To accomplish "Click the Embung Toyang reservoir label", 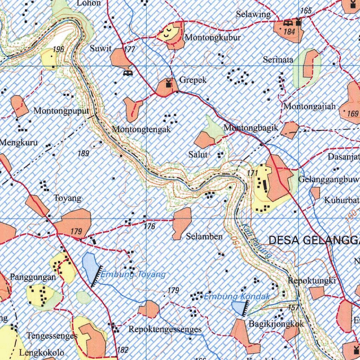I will click(133, 275).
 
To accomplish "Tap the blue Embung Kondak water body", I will click(239, 308).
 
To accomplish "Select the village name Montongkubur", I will click(213, 37).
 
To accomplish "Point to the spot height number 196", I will click(58, 49).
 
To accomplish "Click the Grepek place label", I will click(193, 80).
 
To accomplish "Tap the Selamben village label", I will click(204, 237).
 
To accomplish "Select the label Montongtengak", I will click(141, 129).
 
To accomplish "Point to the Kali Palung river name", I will click(257, 241).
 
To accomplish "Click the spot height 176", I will click(149, 226).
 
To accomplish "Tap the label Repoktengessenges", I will click(165, 329).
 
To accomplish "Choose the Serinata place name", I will click(278, 60).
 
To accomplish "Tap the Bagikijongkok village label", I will click(276, 324).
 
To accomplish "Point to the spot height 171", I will click(252, 173).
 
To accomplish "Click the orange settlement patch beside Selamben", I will click(182, 222).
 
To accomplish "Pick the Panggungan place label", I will click(33, 277).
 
